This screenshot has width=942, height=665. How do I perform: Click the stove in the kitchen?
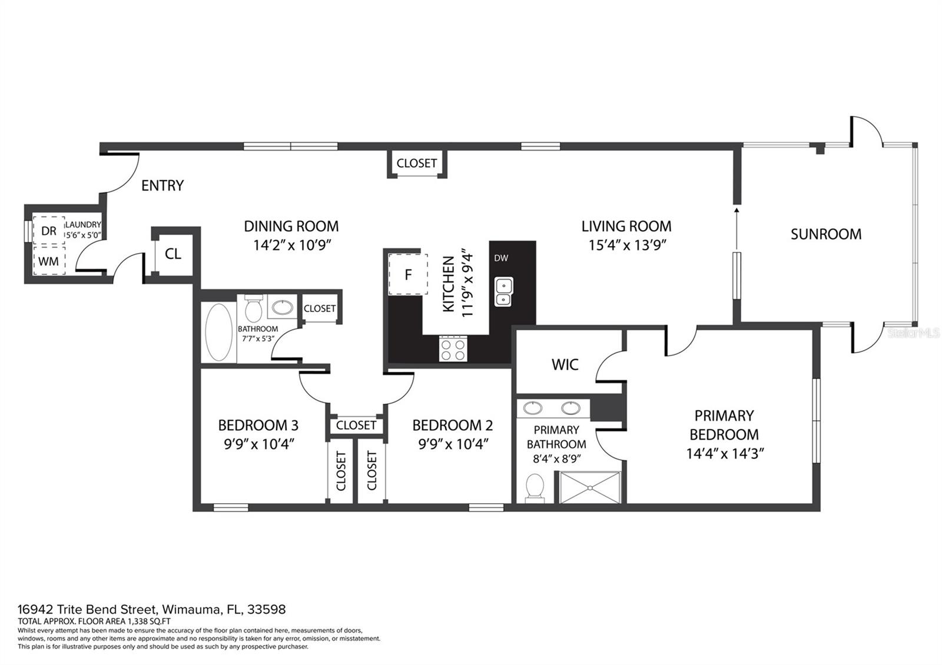click(x=453, y=348)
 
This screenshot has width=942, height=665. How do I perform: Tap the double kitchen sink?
click(x=503, y=292)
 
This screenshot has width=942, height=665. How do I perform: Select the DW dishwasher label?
click(x=501, y=258)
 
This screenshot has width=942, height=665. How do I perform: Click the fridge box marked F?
click(x=408, y=274)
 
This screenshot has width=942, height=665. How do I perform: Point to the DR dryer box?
click(x=49, y=231)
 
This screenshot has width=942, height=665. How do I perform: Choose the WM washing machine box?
click(x=49, y=261)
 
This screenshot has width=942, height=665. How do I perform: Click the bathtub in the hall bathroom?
click(x=218, y=332)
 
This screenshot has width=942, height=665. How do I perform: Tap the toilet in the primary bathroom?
click(x=535, y=488)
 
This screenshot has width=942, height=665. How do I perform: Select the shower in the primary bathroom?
click(x=590, y=488)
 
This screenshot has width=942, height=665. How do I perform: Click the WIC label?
click(x=565, y=365)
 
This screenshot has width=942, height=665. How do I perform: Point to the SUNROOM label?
click(x=826, y=234)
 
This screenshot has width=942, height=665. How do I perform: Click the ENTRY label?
click(x=162, y=185)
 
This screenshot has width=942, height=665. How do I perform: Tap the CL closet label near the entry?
click(x=173, y=254)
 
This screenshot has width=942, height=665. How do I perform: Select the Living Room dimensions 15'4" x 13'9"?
click(x=628, y=245)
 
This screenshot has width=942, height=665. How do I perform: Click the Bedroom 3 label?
click(x=258, y=425)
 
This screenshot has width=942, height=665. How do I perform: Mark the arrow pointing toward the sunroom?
click(x=737, y=228)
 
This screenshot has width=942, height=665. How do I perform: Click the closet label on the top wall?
click(x=416, y=163)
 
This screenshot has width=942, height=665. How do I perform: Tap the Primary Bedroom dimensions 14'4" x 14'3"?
click(x=725, y=454)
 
